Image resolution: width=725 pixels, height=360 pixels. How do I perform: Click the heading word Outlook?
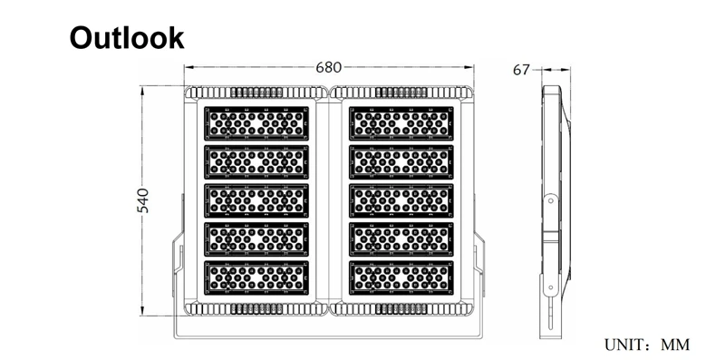click(x=127, y=38)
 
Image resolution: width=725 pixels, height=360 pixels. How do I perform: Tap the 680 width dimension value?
click(x=329, y=68)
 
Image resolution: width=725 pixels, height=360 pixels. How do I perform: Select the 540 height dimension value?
click(x=143, y=200)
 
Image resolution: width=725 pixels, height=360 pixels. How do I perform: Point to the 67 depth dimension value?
click(x=521, y=70)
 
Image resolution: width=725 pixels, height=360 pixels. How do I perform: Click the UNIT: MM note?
click(x=647, y=345)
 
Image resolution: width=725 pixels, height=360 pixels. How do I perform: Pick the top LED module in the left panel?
click(x=256, y=123)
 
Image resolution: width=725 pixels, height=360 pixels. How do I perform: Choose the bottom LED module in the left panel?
click(x=256, y=278)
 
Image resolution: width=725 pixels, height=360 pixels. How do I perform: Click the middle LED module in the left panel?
click(x=256, y=200)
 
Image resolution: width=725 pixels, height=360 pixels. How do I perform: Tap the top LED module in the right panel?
click(x=401, y=123)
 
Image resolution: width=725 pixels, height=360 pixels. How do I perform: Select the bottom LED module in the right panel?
click(x=401, y=278)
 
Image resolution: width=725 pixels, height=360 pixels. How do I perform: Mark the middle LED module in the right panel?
click(x=401, y=200)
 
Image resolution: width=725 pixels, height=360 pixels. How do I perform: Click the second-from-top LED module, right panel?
click(x=401, y=162)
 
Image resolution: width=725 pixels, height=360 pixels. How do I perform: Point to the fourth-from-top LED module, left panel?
click(x=256, y=239)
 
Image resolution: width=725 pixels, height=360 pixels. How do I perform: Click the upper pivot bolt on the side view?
click(x=550, y=200)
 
